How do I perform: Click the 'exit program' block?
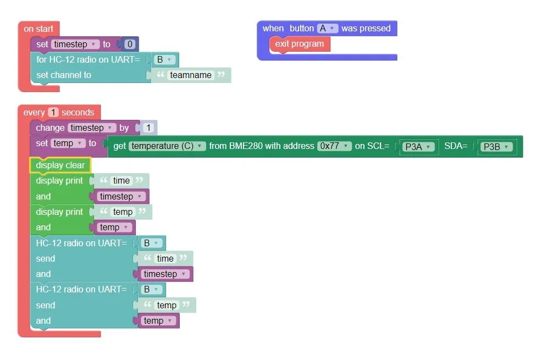(300, 44)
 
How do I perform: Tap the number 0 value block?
(130, 44)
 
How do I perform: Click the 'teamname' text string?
(191, 75)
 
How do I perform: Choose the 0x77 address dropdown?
(334, 146)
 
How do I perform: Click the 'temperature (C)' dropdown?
(168, 146)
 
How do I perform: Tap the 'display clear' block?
(60, 165)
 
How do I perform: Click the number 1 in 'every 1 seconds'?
(53, 113)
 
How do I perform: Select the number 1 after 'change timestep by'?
(148, 128)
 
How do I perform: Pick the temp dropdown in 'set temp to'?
(68, 143)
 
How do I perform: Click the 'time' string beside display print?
(121, 181)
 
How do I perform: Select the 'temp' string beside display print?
(123, 212)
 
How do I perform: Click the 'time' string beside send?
(165, 259)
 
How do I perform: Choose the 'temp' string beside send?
(167, 306)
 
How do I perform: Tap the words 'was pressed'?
(366, 29)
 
